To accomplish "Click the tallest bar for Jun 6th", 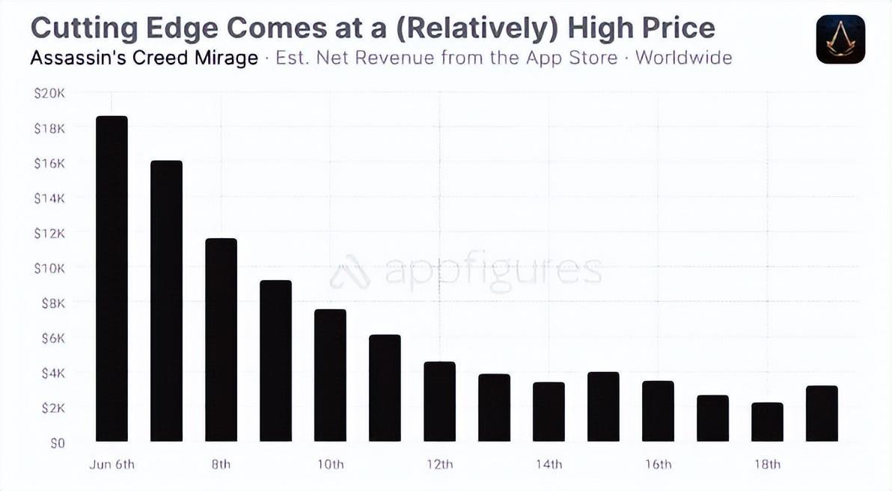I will click(111, 278).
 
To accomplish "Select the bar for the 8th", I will click(221, 340).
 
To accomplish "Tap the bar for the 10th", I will click(330, 375).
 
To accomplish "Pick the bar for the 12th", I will click(439, 401).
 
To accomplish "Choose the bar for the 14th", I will click(549, 412).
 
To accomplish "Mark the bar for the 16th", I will click(658, 411).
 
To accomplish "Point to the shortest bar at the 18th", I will click(767, 422).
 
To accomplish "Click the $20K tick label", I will click(49, 93).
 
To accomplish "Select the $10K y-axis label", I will click(49, 268).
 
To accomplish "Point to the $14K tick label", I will click(49, 198).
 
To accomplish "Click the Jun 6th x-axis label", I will click(111, 465).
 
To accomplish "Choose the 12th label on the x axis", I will click(439, 465).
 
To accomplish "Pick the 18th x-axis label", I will click(767, 465).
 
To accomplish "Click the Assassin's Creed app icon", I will click(840, 40).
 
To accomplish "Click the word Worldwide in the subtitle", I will click(683, 58).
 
